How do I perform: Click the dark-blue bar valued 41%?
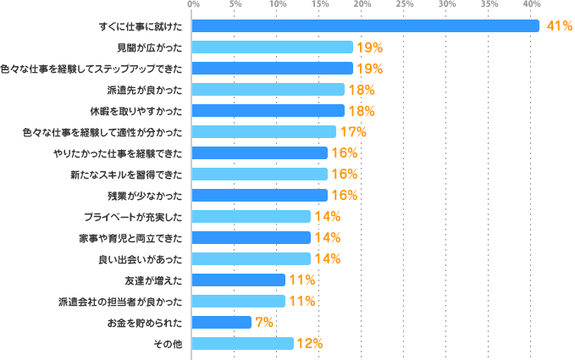[x=365, y=26]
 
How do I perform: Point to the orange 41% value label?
[x=559, y=26]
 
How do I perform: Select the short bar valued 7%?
[x=222, y=322]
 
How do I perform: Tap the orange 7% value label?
[x=263, y=322]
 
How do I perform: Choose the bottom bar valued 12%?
[x=243, y=343]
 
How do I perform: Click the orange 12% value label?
[x=310, y=343]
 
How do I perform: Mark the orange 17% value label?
[x=353, y=132]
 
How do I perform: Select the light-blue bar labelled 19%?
[x=272, y=47]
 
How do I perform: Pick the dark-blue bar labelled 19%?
[x=272, y=69]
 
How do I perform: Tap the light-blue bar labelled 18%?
[x=268, y=90]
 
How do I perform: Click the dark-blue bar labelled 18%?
[x=268, y=111]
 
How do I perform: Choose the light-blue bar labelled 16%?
[x=259, y=174]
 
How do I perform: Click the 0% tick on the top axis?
[x=193, y=5]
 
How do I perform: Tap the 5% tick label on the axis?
[x=235, y=5]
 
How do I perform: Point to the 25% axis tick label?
[x=405, y=5]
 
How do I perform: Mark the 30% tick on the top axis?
[x=447, y=5]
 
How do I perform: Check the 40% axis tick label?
[x=532, y=5]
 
